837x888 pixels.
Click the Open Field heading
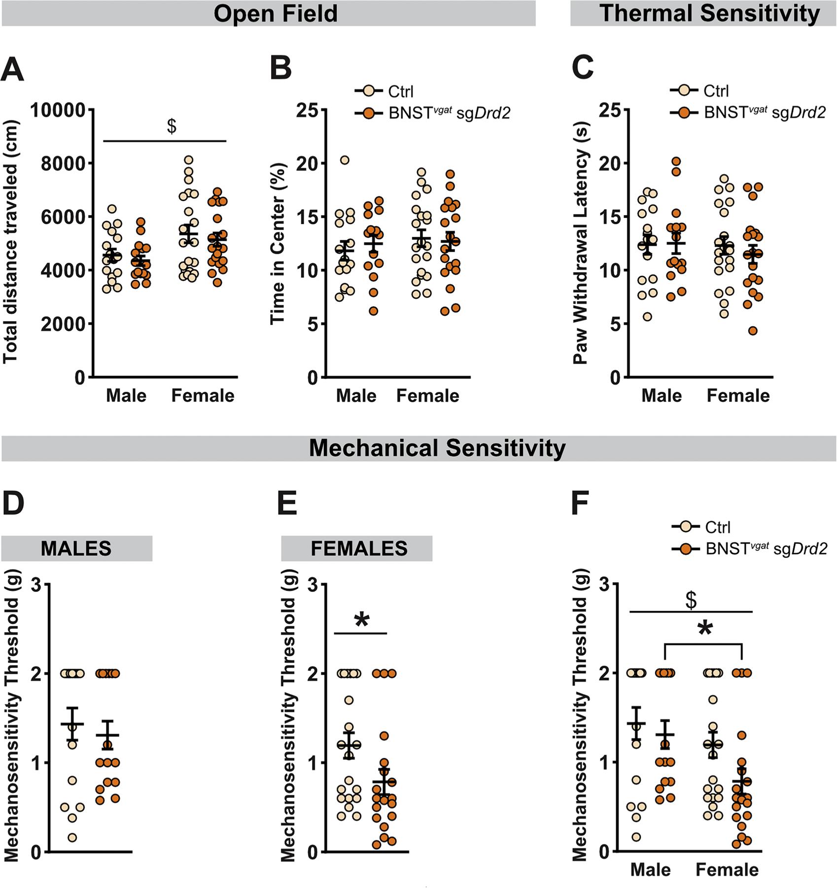pyautogui.click(x=275, y=13)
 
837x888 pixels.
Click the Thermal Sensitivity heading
pyautogui.click(x=710, y=13)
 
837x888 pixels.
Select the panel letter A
pyautogui.click(x=12, y=69)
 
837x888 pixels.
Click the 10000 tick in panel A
pyautogui.click(x=58, y=110)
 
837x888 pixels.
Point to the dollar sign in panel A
pyautogui.click(x=172, y=126)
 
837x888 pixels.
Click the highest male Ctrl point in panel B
pyautogui.click(x=345, y=160)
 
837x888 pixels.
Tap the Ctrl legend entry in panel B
pyautogui.click(x=400, y=92)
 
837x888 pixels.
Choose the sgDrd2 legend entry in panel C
pyautogui.click(x=765, y=113)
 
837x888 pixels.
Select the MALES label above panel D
pyautogui.click(x=76, y=549)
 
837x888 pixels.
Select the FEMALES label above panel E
pyautogui.click(x=359, y=549)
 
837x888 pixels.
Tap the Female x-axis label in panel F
pyautogui.click(x=727, y=870)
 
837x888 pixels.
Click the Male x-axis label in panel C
pyautogui.click(x=662, y=396)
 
